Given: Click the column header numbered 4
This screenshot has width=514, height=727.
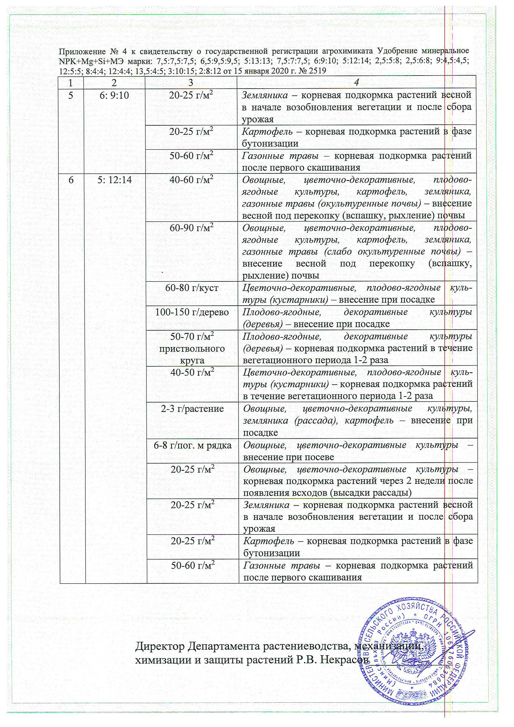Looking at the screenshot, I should (x=357, y=82).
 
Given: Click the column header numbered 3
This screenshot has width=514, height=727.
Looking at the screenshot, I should (x=191, y=82).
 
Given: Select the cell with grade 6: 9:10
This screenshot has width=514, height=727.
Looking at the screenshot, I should (x=114, y=95).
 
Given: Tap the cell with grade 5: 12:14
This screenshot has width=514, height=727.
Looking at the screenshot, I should (x=115, y=180).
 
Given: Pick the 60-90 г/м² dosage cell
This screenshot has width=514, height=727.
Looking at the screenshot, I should (x=191, y=228).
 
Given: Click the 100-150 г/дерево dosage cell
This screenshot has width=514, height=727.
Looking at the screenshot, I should (x=192, y=312).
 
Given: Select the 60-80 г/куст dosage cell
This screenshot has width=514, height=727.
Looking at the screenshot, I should (x=192, y=288).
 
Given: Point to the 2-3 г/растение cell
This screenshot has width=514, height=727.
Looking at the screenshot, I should (x=192, y=409).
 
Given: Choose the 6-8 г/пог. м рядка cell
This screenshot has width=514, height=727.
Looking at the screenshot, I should (x=192, y=445).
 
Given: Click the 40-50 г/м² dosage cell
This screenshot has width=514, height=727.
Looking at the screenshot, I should (x=192, y=373).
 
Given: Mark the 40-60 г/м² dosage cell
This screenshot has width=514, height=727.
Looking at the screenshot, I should (x=191, y=180).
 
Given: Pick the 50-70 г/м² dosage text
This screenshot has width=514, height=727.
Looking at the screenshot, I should (x=192, y=336).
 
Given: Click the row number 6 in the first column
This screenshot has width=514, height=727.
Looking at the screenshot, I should (x=71, y=180).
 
